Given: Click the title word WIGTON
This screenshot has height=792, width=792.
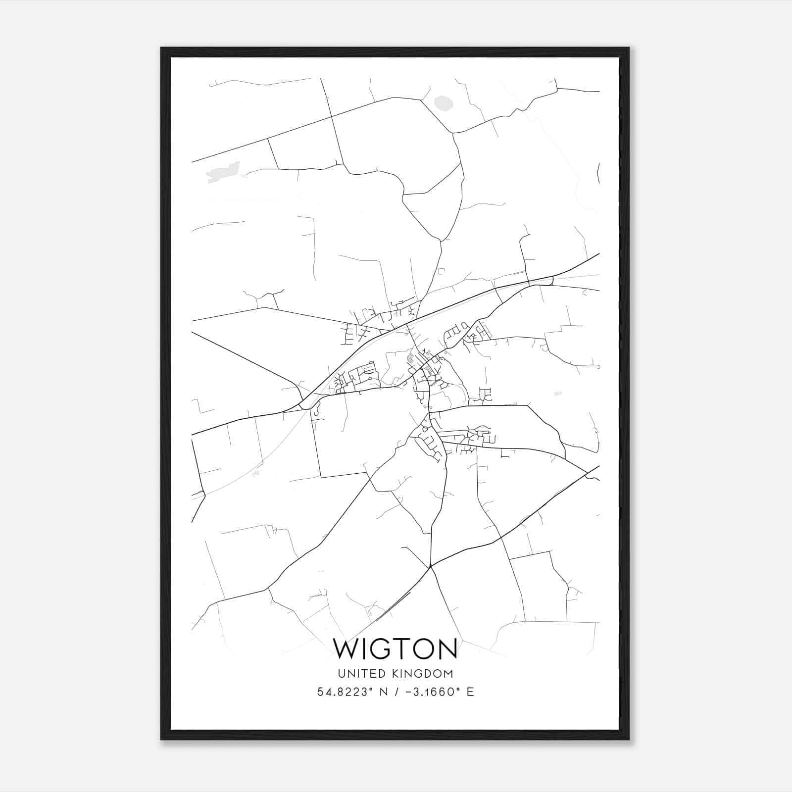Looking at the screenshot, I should [396, 649].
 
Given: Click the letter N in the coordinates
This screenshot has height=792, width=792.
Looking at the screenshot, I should [383, 692].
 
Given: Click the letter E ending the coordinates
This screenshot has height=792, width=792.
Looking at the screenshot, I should [470, 692].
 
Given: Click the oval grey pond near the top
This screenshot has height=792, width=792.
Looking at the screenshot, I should [444, 103].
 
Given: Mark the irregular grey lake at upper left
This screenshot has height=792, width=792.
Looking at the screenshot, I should [223, 171].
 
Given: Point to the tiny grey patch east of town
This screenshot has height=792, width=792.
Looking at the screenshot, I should [558, 394].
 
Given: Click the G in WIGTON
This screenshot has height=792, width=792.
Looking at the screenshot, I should [381, 649].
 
